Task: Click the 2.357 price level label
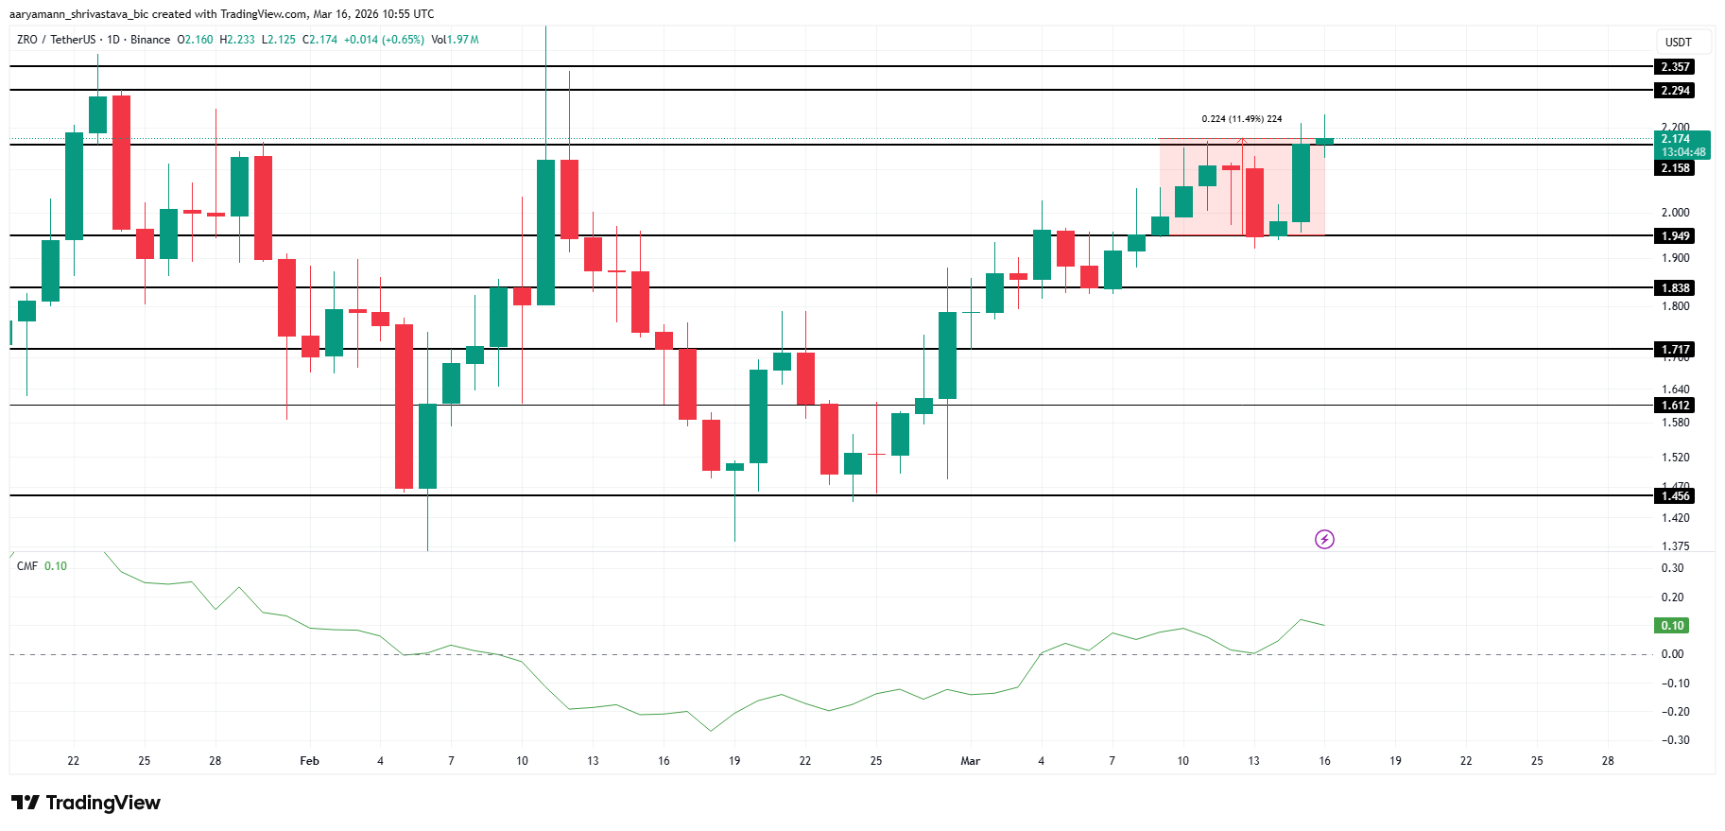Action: point(1675,67)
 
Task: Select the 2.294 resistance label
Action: point(1675,91)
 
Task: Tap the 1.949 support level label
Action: point(1675,236)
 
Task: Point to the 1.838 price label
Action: point(1675,288)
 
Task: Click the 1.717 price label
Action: point(1675,350)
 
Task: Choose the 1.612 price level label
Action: point(1675,406)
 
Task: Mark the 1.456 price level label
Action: point(1675,496)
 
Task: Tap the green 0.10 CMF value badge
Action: point(1672,626)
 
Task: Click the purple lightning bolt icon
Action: point(1324,540)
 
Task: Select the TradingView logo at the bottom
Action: point(86,803)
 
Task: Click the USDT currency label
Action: point(1678,43)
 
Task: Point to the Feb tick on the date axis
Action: point(309,761)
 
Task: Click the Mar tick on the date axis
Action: point(970,761)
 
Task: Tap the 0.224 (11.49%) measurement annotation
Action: point(1241,119)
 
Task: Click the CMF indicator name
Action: point(27,566)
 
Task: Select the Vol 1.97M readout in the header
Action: point(455,40)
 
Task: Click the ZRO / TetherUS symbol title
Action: point(57,40)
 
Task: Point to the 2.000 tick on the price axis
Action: point(1675,213)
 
